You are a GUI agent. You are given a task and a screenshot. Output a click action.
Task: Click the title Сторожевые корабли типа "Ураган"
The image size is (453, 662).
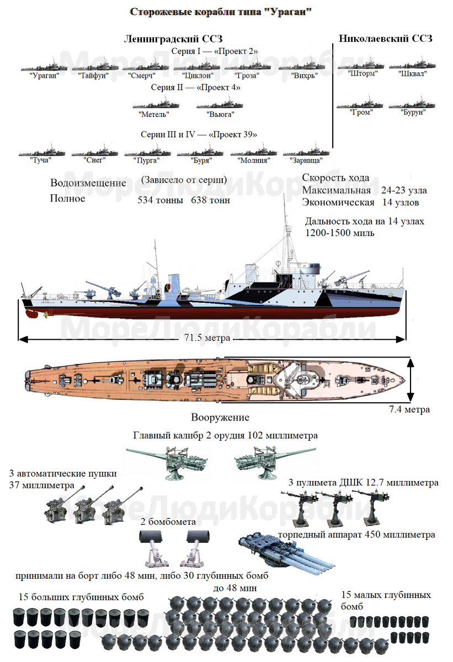[x=220, y=12]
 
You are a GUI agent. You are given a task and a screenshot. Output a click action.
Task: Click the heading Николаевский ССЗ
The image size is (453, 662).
[x=385, y=38]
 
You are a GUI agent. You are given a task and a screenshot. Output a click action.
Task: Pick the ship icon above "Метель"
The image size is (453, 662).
[x=156, y=103]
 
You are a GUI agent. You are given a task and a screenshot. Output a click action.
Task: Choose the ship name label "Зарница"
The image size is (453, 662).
[x=306, y=160]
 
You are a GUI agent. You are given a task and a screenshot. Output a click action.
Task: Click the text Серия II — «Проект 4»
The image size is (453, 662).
[x=195, y=87]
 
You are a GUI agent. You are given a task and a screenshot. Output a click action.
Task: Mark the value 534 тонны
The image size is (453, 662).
[x=160, y=200]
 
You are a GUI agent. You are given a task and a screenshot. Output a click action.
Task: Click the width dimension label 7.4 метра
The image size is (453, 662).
[x=408, y=409]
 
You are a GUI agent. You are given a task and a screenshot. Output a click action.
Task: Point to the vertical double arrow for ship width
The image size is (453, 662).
[x=410, y=380]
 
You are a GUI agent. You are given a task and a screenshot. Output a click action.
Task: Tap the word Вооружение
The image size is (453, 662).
[x=220, y=418]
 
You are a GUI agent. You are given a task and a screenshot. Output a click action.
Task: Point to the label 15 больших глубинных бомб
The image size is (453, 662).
[x=81, y=597]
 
